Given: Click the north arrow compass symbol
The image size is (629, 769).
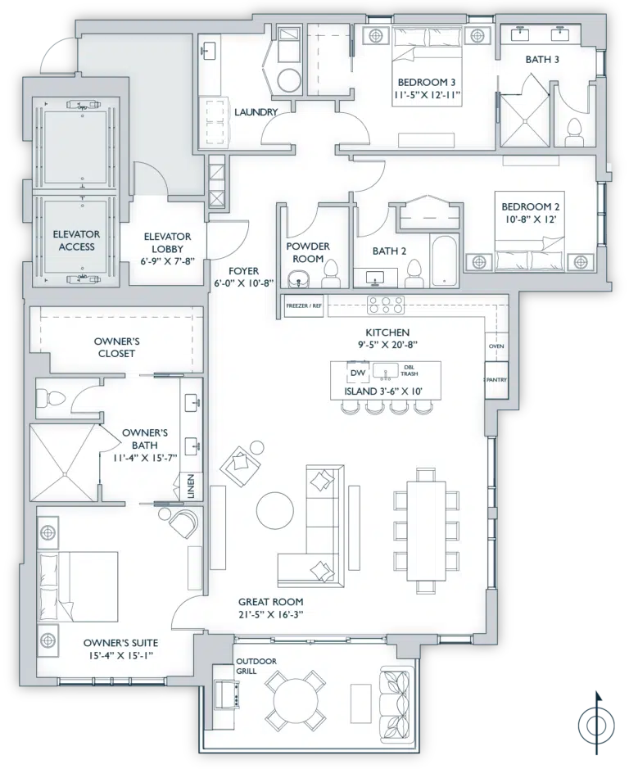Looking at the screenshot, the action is tap(596, 723).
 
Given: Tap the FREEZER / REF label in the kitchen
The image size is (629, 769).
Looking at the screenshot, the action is tap(304, 305).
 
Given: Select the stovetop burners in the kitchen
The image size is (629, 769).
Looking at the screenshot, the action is tap(386, 305).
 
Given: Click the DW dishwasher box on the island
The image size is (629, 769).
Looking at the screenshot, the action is tap(358, 373).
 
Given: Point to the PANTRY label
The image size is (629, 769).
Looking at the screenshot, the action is tap(496, 380).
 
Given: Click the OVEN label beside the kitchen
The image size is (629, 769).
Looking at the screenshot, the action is tap(496, 346).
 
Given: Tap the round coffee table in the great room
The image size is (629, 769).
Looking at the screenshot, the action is tap(274, 510).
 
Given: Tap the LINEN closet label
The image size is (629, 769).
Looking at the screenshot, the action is tap(191, 486).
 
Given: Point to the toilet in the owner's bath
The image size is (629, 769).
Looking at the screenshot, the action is tap(49, 396).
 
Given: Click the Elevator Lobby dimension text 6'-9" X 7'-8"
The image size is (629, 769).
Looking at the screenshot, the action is tap(167, 261).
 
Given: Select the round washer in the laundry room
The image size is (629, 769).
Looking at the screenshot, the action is tap(288, 81).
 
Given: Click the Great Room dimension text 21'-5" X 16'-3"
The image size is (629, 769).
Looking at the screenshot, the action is tap(270, 614).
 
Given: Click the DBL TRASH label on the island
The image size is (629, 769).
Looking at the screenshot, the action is tap(410, 370).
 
